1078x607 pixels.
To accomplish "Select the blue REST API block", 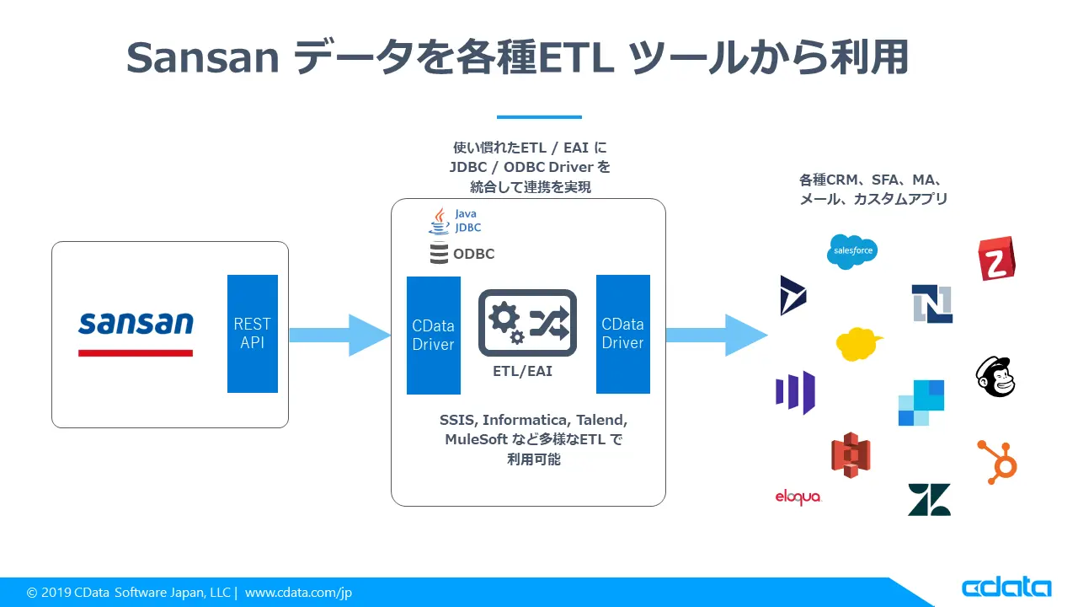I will [252, 333].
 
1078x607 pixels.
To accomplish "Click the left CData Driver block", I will [433, 335].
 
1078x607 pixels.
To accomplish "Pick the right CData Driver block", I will [622, 334].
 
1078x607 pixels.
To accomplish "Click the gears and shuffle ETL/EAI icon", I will [527, 323].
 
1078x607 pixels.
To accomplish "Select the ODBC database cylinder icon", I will [439, 253].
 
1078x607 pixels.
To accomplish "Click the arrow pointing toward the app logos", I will [716, 335].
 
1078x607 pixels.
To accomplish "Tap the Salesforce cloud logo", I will [851, 251].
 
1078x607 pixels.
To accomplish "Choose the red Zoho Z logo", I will [996, 259].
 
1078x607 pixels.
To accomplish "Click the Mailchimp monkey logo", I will [995, 376].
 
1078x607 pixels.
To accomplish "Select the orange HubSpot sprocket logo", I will [997, 460].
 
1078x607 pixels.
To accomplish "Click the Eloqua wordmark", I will [798, 497].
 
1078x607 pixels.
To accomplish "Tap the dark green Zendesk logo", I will [929, 499].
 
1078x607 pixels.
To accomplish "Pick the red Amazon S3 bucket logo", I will [850, 455].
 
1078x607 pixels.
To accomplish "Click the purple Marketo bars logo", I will [795, 393].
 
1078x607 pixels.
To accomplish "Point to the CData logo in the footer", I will [1006, 588].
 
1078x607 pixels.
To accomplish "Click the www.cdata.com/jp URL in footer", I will [298, 593].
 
